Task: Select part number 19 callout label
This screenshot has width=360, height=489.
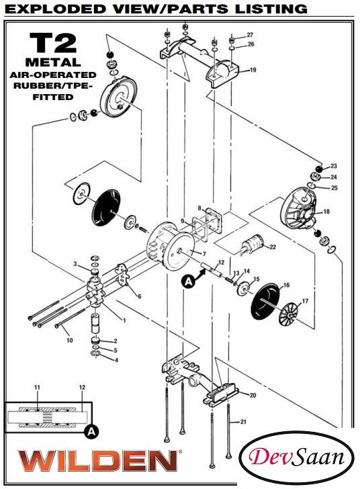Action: [253, 70]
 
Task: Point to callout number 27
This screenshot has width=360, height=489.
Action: [250, 34]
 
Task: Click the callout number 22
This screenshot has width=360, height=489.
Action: [273, 247]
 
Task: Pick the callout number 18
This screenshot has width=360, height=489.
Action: [326, 212]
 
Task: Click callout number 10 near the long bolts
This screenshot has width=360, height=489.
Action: [69, 341]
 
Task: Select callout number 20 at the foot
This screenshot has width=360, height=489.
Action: [253, 395]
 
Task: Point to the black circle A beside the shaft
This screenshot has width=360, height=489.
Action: [189, 283]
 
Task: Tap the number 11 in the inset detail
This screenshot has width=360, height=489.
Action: [38, 388]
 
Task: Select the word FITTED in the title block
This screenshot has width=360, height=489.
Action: [53, 97]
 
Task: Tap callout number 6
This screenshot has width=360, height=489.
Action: [139, 296]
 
